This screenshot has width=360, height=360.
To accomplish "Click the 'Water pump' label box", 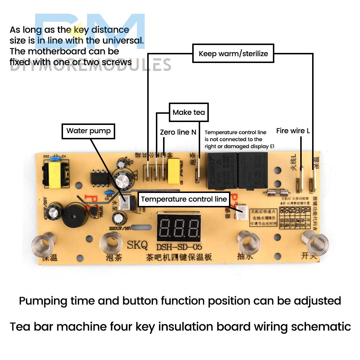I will [89, 131].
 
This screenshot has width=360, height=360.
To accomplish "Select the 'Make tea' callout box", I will [189, 112].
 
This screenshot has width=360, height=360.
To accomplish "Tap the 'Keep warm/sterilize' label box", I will [233, 54].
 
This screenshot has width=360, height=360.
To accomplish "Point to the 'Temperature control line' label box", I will [184, 199].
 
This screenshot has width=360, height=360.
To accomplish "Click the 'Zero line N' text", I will [178, 132].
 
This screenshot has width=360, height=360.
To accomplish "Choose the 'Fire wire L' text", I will [293, 131].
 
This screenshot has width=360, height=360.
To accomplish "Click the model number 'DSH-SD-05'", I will [179, 247].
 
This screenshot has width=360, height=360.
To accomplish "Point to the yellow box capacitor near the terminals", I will [174, 169].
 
